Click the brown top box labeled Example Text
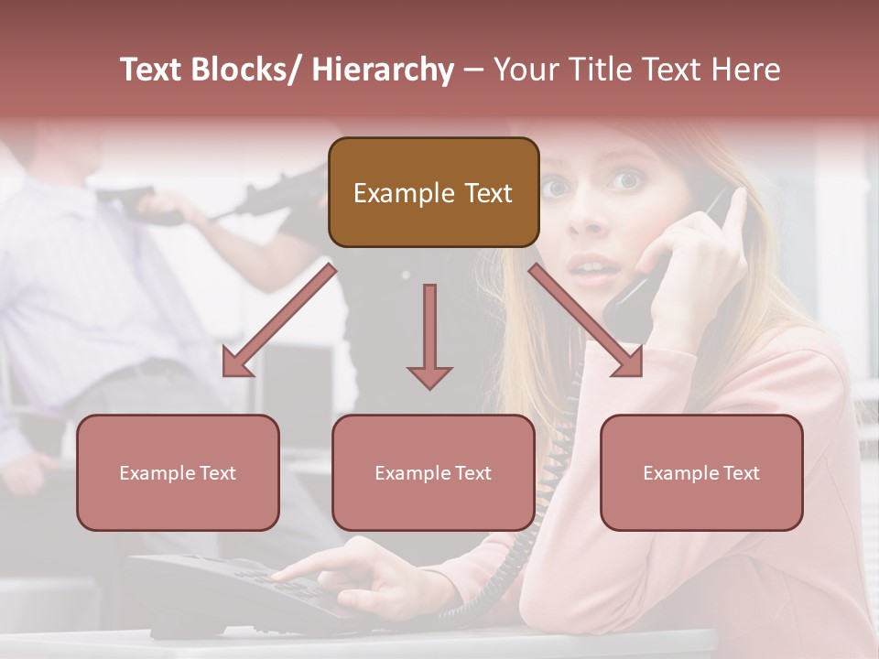click(x=433, y=192)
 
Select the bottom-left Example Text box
click(x=178, y=472)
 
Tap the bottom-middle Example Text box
click(x=433, y=472)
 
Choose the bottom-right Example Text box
click(x=701, y=472)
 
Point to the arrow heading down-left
click(x=279, y=320)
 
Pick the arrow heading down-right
click(x=586, y=320)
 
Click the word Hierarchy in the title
click(x=382, y=70)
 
